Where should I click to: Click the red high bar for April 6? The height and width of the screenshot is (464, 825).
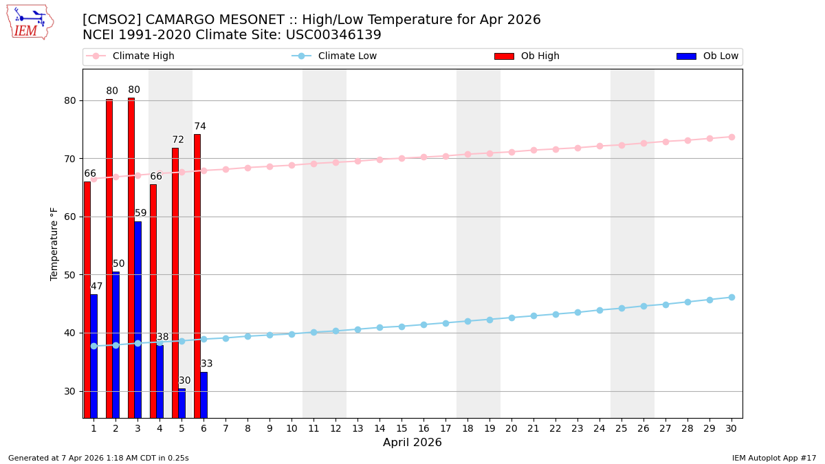tap(197, 275)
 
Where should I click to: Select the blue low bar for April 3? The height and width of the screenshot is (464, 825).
tap(138, 319)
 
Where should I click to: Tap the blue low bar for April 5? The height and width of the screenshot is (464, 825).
tap(182, 403)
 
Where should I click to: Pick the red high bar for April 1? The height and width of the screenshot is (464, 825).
tap(87, 299)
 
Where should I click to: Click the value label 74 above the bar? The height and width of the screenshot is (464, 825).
tap(200, 126)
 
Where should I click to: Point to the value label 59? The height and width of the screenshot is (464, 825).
tap(141, 213)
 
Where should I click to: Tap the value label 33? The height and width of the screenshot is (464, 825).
tap(207, 364)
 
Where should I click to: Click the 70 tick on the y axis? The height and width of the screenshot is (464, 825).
tap(69, 159)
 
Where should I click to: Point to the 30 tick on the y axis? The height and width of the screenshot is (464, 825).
tap(69, 391)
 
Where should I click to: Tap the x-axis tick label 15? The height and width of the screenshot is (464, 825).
tap(401, 428)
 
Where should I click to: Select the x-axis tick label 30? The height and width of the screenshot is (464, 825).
tap(731, 428)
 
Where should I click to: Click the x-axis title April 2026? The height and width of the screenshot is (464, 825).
tap(412, 443)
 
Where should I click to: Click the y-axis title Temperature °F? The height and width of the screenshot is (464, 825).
tap(55, 243)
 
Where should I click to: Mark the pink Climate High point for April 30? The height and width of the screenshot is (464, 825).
tap(731, 137)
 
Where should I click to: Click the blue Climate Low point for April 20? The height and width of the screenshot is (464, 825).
tap(511, 318)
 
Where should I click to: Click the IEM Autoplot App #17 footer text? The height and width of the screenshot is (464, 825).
tap(774, 458)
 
